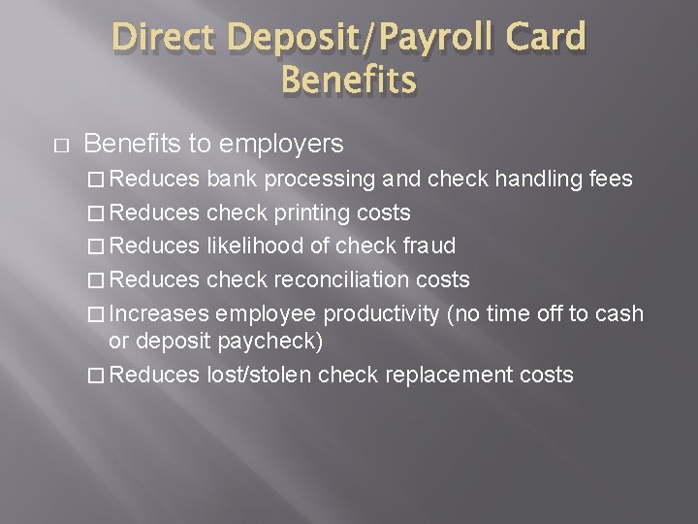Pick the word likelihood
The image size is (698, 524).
tap(253, 246)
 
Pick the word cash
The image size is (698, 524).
tap(620, 314)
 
